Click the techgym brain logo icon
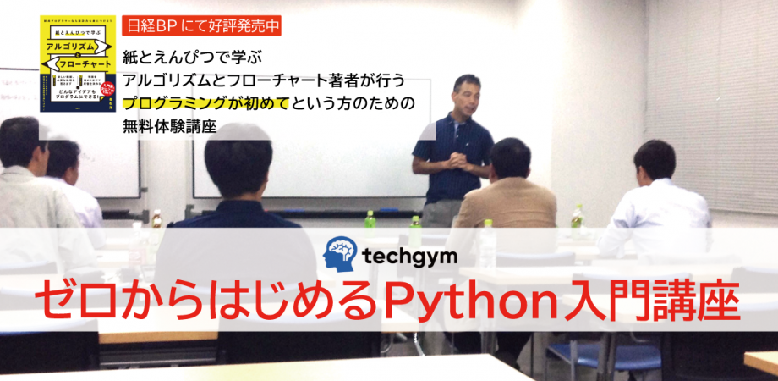tap(341, 255)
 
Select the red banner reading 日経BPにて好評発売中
tap(201, 25)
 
